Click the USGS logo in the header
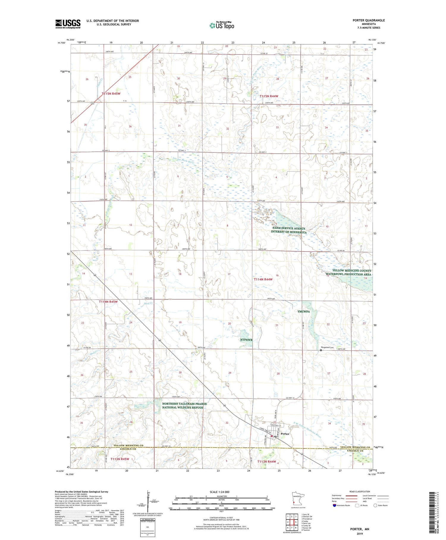coord(68,24)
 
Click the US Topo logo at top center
coord(222,26)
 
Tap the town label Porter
coord(285,434)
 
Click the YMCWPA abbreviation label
coord(304,311)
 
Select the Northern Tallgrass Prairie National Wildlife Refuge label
coord(184,405)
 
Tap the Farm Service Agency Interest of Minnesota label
coord(288,230)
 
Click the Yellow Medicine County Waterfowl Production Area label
coord(348,272)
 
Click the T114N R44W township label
coord(263,279)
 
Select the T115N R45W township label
coord(111,94)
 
